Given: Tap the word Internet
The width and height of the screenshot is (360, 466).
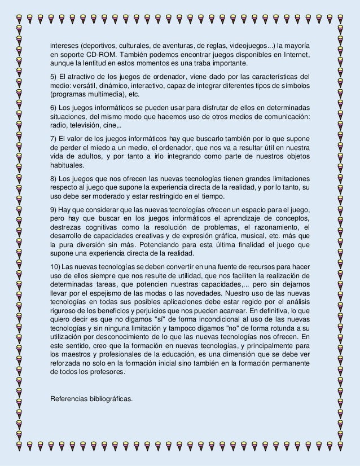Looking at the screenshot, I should tap(295, 55).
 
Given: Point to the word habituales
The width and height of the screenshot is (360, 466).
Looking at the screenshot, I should tap(67, 165).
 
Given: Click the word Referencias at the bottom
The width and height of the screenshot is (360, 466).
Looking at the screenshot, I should tap(70, 399).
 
